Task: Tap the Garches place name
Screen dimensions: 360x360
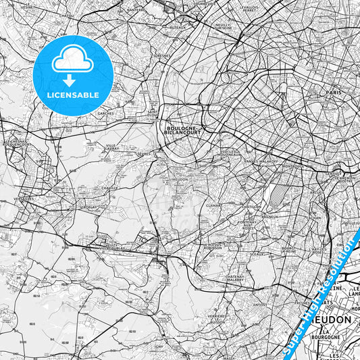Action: point(106,114)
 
